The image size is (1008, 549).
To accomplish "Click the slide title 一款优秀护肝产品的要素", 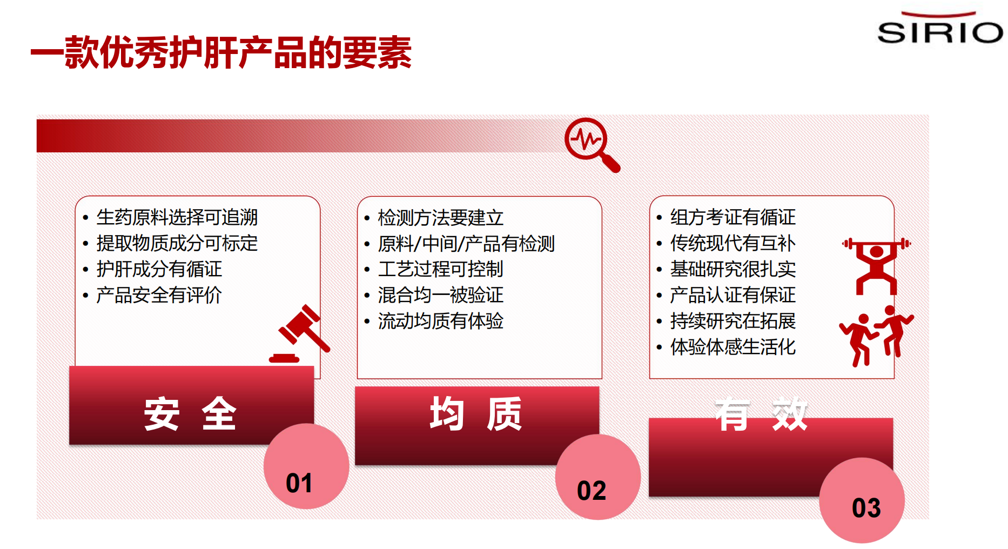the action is [221, 52].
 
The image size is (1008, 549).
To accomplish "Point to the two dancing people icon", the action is [876, 336].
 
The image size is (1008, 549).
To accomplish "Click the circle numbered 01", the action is [306, 466].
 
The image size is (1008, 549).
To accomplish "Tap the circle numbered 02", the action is [598, 477].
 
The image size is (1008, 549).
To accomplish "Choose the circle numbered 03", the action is [862, 500].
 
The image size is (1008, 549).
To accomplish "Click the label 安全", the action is [190, 414].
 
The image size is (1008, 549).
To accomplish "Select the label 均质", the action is [476, 414].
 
